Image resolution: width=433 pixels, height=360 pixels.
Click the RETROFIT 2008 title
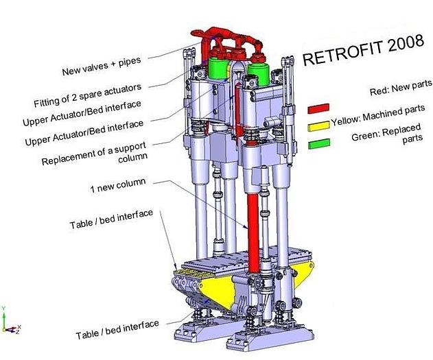click(363, 49)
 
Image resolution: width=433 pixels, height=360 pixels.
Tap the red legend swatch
click(318, 108)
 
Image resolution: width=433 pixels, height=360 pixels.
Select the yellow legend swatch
click(319, 126)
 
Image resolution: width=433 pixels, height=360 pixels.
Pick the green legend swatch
click(319, 144)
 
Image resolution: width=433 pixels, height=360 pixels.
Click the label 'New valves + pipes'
click(102, 67)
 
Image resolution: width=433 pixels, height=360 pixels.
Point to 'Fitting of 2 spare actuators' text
click(88, 95)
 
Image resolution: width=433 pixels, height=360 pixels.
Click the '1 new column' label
click(118, 185)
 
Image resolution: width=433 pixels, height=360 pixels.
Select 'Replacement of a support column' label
click(95, 154)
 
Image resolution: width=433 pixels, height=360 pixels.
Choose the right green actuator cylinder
click(259, 75)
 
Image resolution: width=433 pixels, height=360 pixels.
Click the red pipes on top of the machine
click(226, 44)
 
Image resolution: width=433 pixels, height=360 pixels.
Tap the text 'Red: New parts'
click(401, 88)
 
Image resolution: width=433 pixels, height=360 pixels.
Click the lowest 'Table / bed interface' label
click(117, 329)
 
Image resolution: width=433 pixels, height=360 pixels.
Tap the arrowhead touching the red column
click(245, 226)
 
